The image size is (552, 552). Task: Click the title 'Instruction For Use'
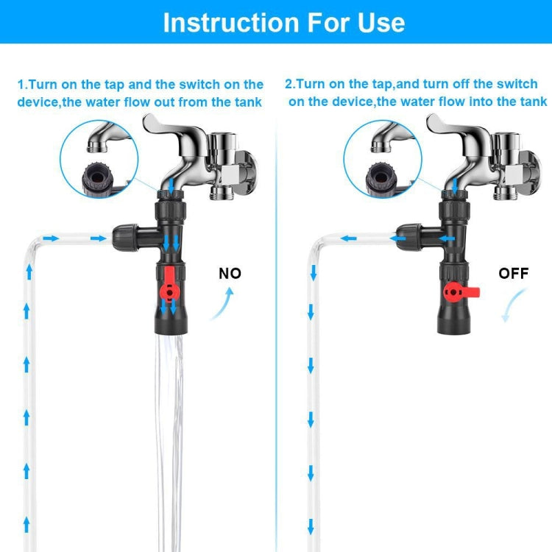pos(283,22)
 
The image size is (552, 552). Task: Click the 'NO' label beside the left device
pos(230,274)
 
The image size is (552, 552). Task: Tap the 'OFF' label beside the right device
pos(513,274)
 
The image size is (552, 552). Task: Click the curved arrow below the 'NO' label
pos(223,304)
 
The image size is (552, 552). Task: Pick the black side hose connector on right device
pos(412,237)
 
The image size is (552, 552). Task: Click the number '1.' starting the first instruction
pos(23,85)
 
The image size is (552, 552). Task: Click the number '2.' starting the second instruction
pos(291,85)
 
